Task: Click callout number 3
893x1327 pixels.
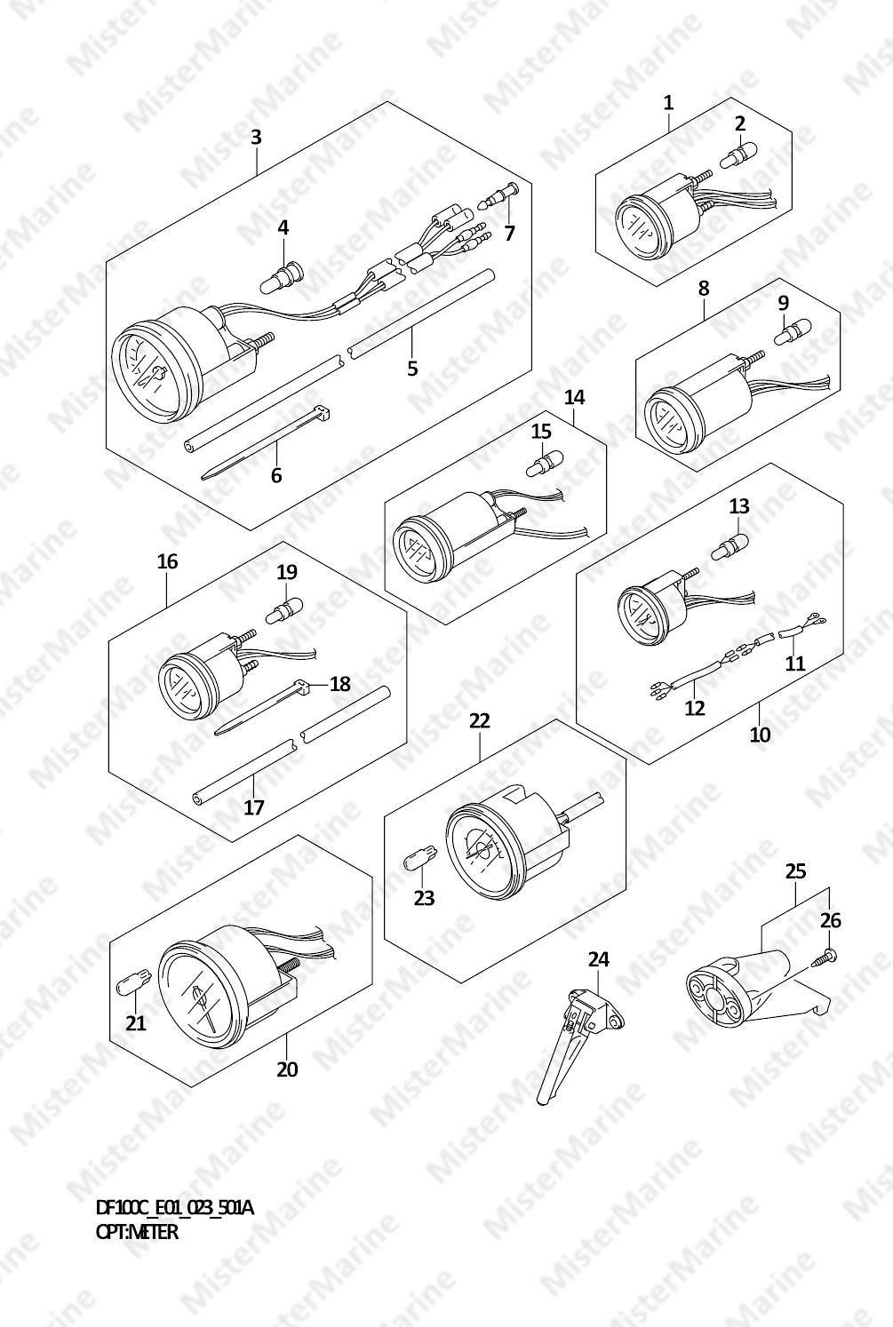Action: click(255, 138)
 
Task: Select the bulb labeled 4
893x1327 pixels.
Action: click(282, 277)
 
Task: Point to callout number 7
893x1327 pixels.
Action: click(510, 234)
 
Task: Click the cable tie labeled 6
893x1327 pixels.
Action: click(266, 442)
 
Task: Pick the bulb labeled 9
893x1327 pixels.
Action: click(793, 332)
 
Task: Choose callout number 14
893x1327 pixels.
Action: click(574, 398)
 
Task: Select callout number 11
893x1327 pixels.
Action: click(794, 663)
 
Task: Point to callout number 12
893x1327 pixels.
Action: click(695, 707)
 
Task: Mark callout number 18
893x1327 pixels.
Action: click(340, 684)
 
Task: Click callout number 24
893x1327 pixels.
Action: click(599, 958)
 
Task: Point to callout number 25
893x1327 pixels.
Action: click(796, 871)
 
